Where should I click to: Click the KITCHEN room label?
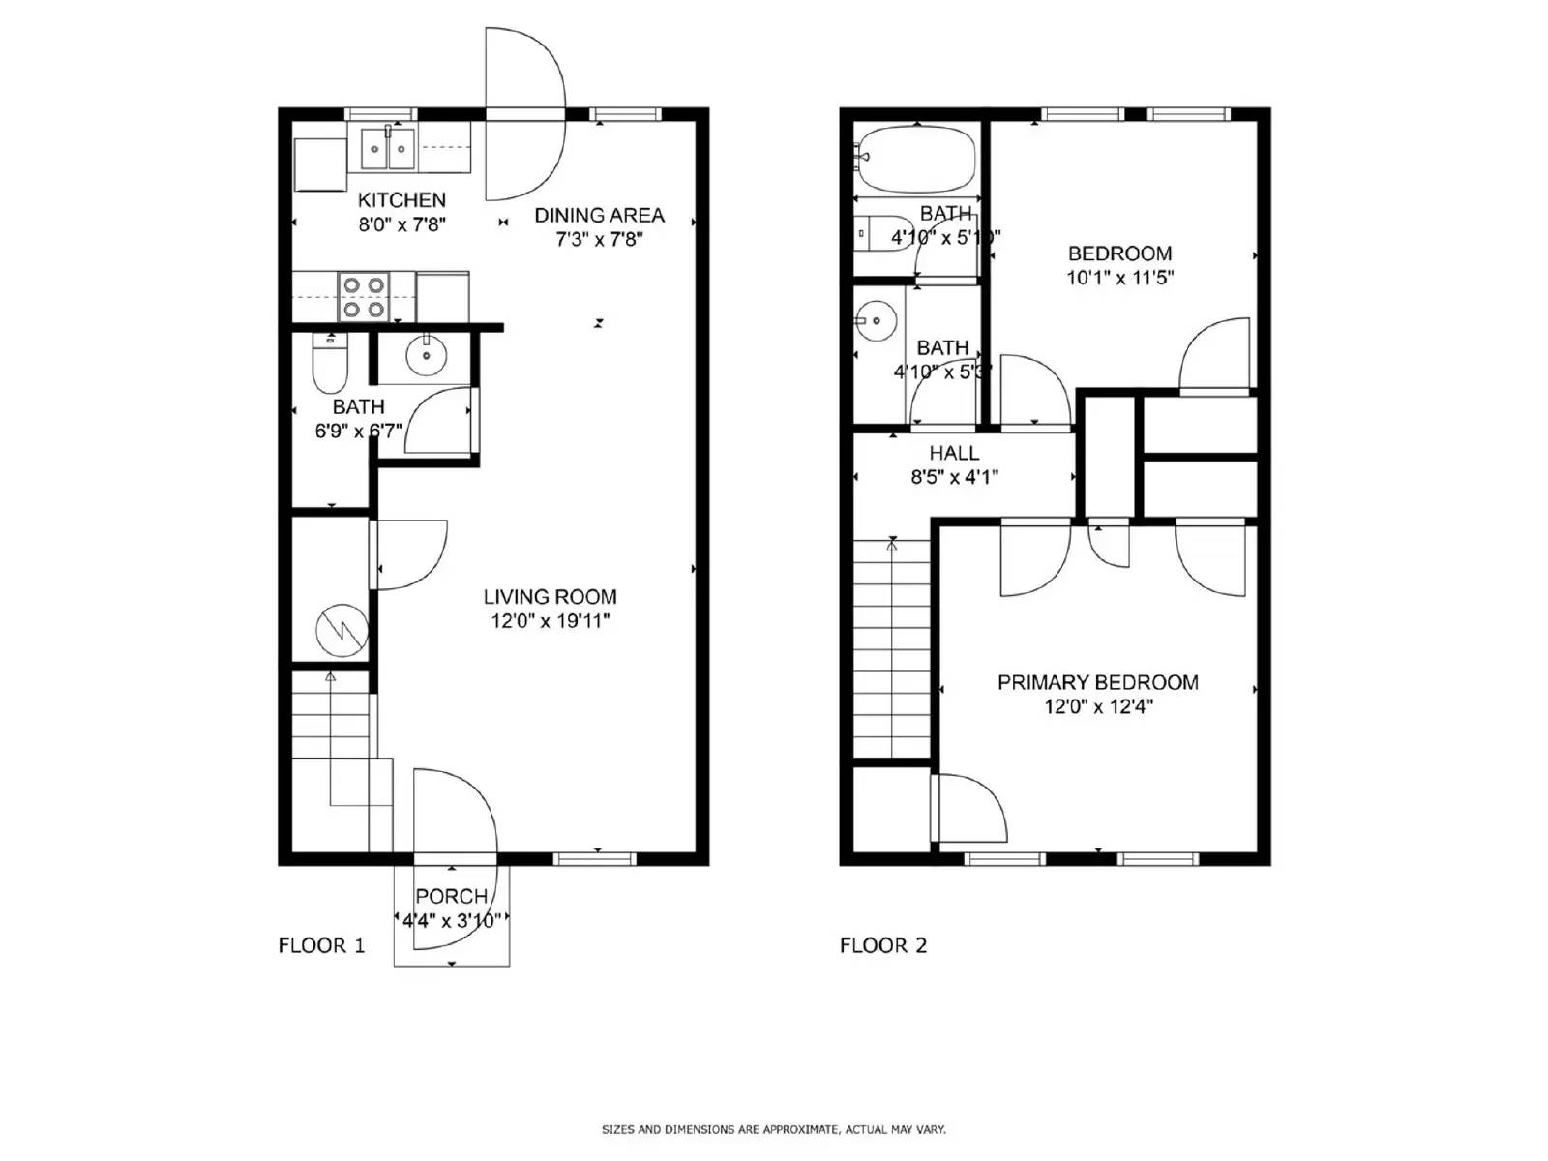point(402,200)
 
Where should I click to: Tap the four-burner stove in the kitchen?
point(364,297)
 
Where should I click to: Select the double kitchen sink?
point(388,149)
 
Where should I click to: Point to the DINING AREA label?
point(599,215)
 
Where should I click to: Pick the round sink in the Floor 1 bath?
point(425,357)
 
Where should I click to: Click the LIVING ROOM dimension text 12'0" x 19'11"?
point(550,621)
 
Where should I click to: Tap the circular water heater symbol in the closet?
point(342,631)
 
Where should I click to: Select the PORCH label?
point(451,897)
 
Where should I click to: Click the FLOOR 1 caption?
point(321,945)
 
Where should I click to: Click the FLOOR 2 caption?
point(882,945)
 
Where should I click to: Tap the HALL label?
point(954,453)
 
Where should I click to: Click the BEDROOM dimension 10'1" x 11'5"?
point(1119,278)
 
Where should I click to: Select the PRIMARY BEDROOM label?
point(1097,682)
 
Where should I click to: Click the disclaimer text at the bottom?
point(773,1129)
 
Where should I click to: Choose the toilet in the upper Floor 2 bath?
point(878,233)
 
